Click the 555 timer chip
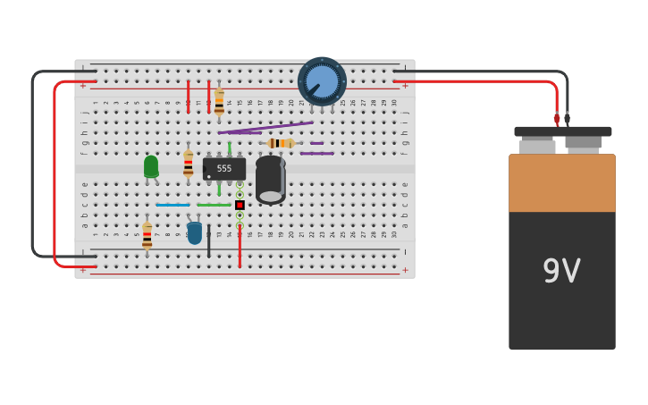coord(224,168)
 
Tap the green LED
coord(151,166)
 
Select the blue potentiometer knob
coord(322,81)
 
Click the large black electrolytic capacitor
coord(270,179)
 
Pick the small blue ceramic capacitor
coord(195,233)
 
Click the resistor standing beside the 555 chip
coord(188,163)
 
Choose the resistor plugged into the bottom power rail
coord(147,236)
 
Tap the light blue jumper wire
coord(173,205)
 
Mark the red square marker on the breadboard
coord(240,205)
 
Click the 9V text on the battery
coord(561,271)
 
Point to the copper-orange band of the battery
coord(561,183)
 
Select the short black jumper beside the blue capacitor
coord(209,241)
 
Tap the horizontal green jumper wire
coord(214,205)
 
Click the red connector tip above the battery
coord(557,118)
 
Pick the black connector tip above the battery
coord(567,118)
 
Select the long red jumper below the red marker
coord(240,241)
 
